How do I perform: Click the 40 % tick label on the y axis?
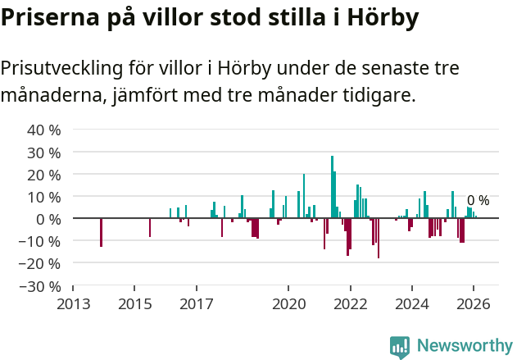tap(44, 130)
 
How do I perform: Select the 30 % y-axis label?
tap(44, 153)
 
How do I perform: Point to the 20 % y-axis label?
tap(44, 175)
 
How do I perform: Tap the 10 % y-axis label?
tap(44, 197)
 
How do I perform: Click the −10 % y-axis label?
tap(40, 242)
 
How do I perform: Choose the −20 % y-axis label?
tap(40, 264)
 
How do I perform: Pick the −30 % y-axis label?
tap(40, 286)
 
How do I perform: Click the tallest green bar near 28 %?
tap(332, 187)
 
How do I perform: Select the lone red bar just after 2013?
tap(101, 232)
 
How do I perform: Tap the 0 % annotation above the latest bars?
tap(478, 201)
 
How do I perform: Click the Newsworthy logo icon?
tap(400, 346)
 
